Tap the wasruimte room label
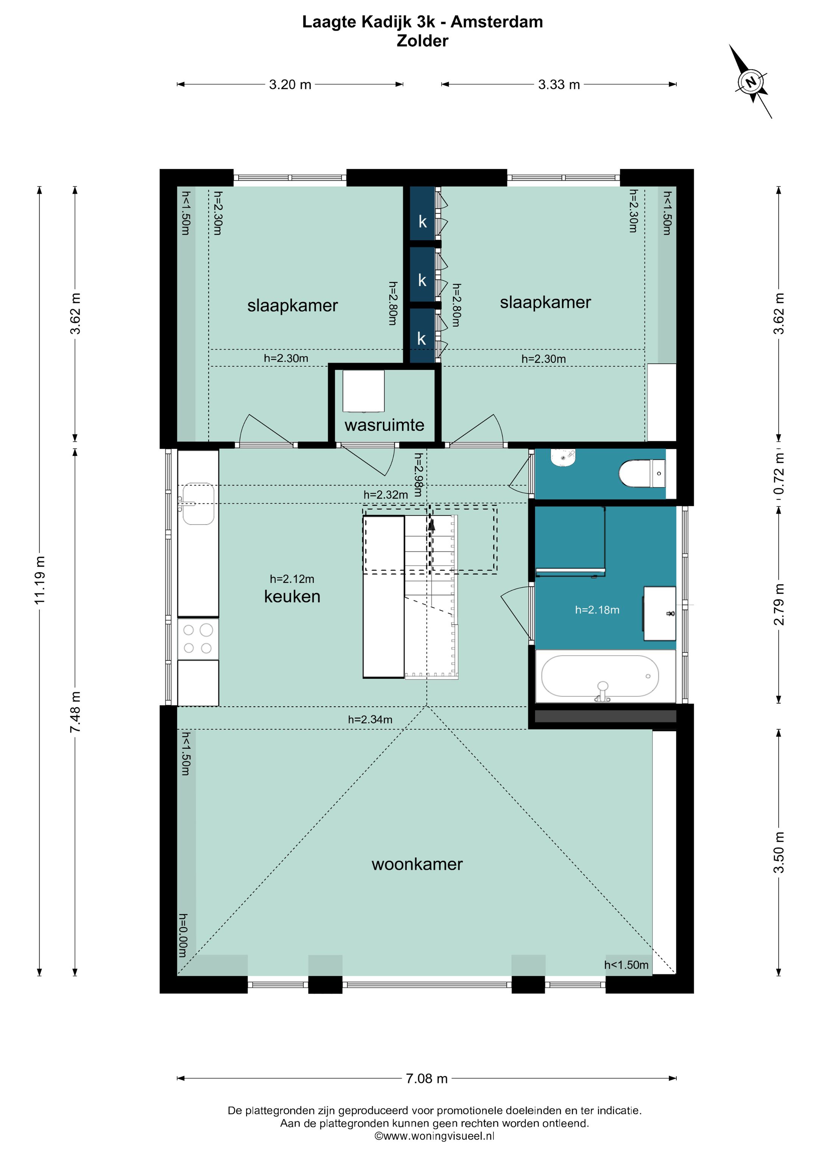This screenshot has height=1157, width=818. (384, 425)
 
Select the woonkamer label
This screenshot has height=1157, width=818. (417, 864)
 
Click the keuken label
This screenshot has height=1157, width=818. (292, 596)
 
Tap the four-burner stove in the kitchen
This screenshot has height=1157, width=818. (198, 639)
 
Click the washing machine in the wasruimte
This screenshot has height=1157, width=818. (364, 392)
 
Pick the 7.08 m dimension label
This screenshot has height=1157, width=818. (426, 1078)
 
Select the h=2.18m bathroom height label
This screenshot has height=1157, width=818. (597, 610)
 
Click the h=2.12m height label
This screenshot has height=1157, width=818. (292, 579)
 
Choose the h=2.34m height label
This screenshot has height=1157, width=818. (370, 720)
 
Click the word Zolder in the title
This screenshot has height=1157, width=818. (422, 41)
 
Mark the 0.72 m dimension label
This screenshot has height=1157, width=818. (779, 474)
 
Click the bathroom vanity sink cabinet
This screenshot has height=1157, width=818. (660, 613)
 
